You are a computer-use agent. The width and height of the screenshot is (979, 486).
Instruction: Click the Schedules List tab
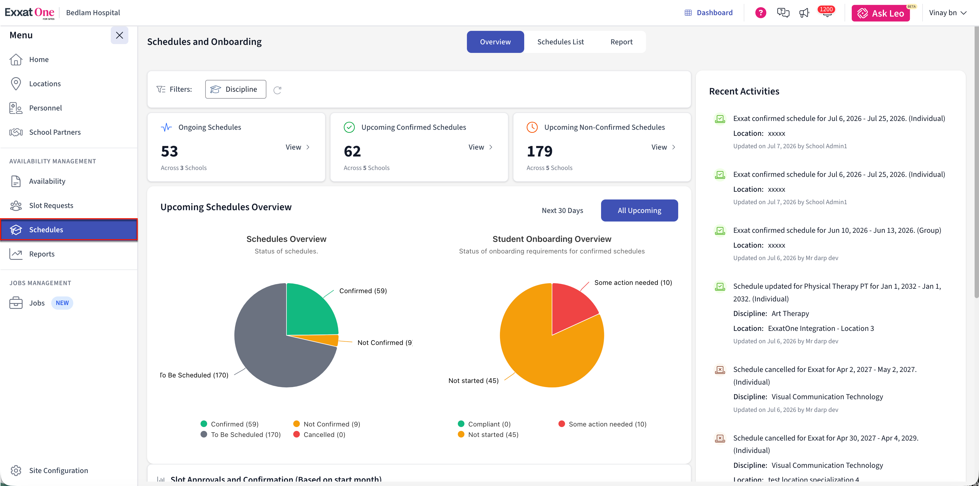click(x=560, y=42)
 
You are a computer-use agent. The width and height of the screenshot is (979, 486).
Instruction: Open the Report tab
click(x=621, y=42)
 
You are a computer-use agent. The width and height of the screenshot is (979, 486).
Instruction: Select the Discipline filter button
click(x=236, y=89)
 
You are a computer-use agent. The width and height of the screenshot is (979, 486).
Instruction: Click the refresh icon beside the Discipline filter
click(x=277, y=90)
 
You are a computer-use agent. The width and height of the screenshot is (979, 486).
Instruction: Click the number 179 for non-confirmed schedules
click(x=539, y=151)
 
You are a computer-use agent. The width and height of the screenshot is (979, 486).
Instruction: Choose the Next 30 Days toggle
click(x=562, y=210)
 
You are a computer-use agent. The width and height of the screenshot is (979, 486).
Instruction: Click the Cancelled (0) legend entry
click(x=319, y=434)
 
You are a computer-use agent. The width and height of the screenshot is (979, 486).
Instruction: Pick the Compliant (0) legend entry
click(x=484, y=424)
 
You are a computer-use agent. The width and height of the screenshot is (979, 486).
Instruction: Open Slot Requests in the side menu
click(x=51, y=206)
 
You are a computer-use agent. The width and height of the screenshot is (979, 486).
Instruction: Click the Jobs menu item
click(x=37, y=303)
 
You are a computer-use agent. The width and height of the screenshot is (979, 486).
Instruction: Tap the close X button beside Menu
click(x=119, y=35)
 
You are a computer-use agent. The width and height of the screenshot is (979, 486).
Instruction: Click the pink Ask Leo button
click(x=881, y=13)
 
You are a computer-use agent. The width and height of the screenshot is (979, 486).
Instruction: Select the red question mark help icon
click(x=761, y=13)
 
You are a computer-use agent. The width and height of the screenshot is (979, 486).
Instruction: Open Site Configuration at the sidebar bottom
click(x=58, y=470)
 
